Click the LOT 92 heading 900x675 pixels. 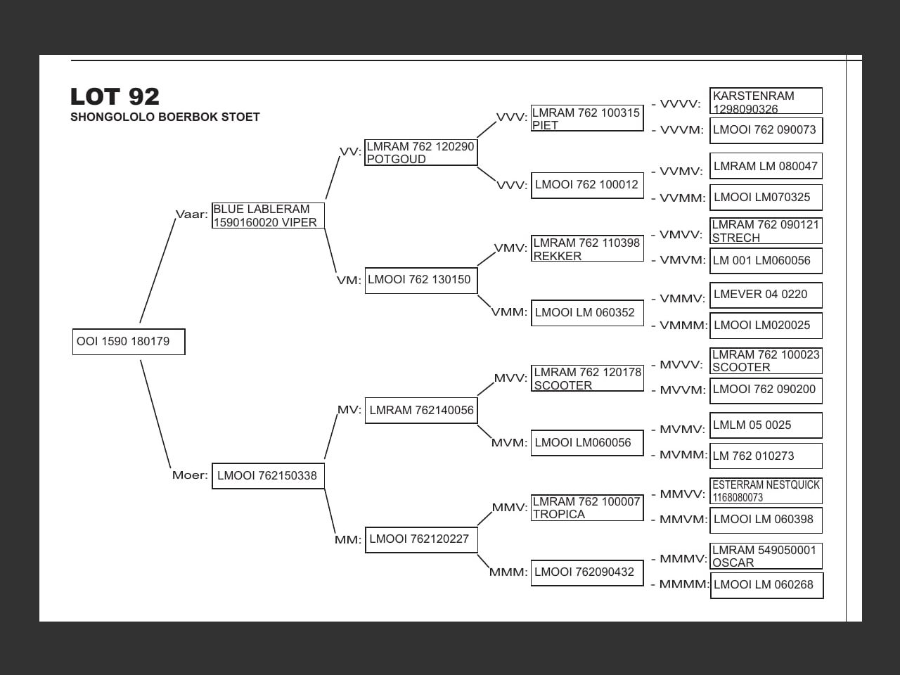(x=115, y=96)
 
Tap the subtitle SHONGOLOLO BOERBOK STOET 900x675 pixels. (x=165, y=117)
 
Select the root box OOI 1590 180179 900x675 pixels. (x=129, y=342)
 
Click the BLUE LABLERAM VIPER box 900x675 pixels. (x=268, y=216)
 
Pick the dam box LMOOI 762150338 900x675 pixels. (x=268, y=476)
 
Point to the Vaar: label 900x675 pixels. (x=191, y=214)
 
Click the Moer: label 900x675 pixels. (x=190, y=475)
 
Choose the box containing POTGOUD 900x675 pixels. (x=420, y=153)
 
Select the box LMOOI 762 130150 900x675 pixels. (x=420, y=280)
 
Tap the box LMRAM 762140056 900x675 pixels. (x=421, y=410)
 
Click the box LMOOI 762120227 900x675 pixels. (x=421, y=539)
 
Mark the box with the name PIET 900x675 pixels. (x=587, y=119)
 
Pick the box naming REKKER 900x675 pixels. (x=587, y=249)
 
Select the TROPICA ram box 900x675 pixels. (x=587, y=508)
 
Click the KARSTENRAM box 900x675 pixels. (x=766, y=101)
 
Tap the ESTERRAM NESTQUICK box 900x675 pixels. (x=766, y=491)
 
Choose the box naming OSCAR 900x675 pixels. (x=766, y=556)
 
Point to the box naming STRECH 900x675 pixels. (x=766, y=231)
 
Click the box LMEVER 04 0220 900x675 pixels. (x=766, y=295)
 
